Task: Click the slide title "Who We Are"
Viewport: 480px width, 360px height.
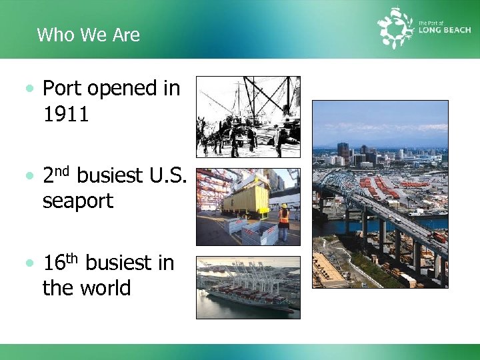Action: pos(88,35)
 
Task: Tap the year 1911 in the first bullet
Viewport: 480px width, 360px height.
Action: pos(65,114)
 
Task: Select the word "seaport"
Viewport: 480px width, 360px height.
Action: pos(78,201)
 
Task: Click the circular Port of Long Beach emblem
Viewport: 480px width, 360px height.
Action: pos(396,28)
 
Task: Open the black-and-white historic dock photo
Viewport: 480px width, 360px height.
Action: pos(248,117)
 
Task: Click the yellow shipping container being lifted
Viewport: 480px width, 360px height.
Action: pos(245,198)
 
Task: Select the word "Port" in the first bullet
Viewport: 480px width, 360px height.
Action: pos(62,89)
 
